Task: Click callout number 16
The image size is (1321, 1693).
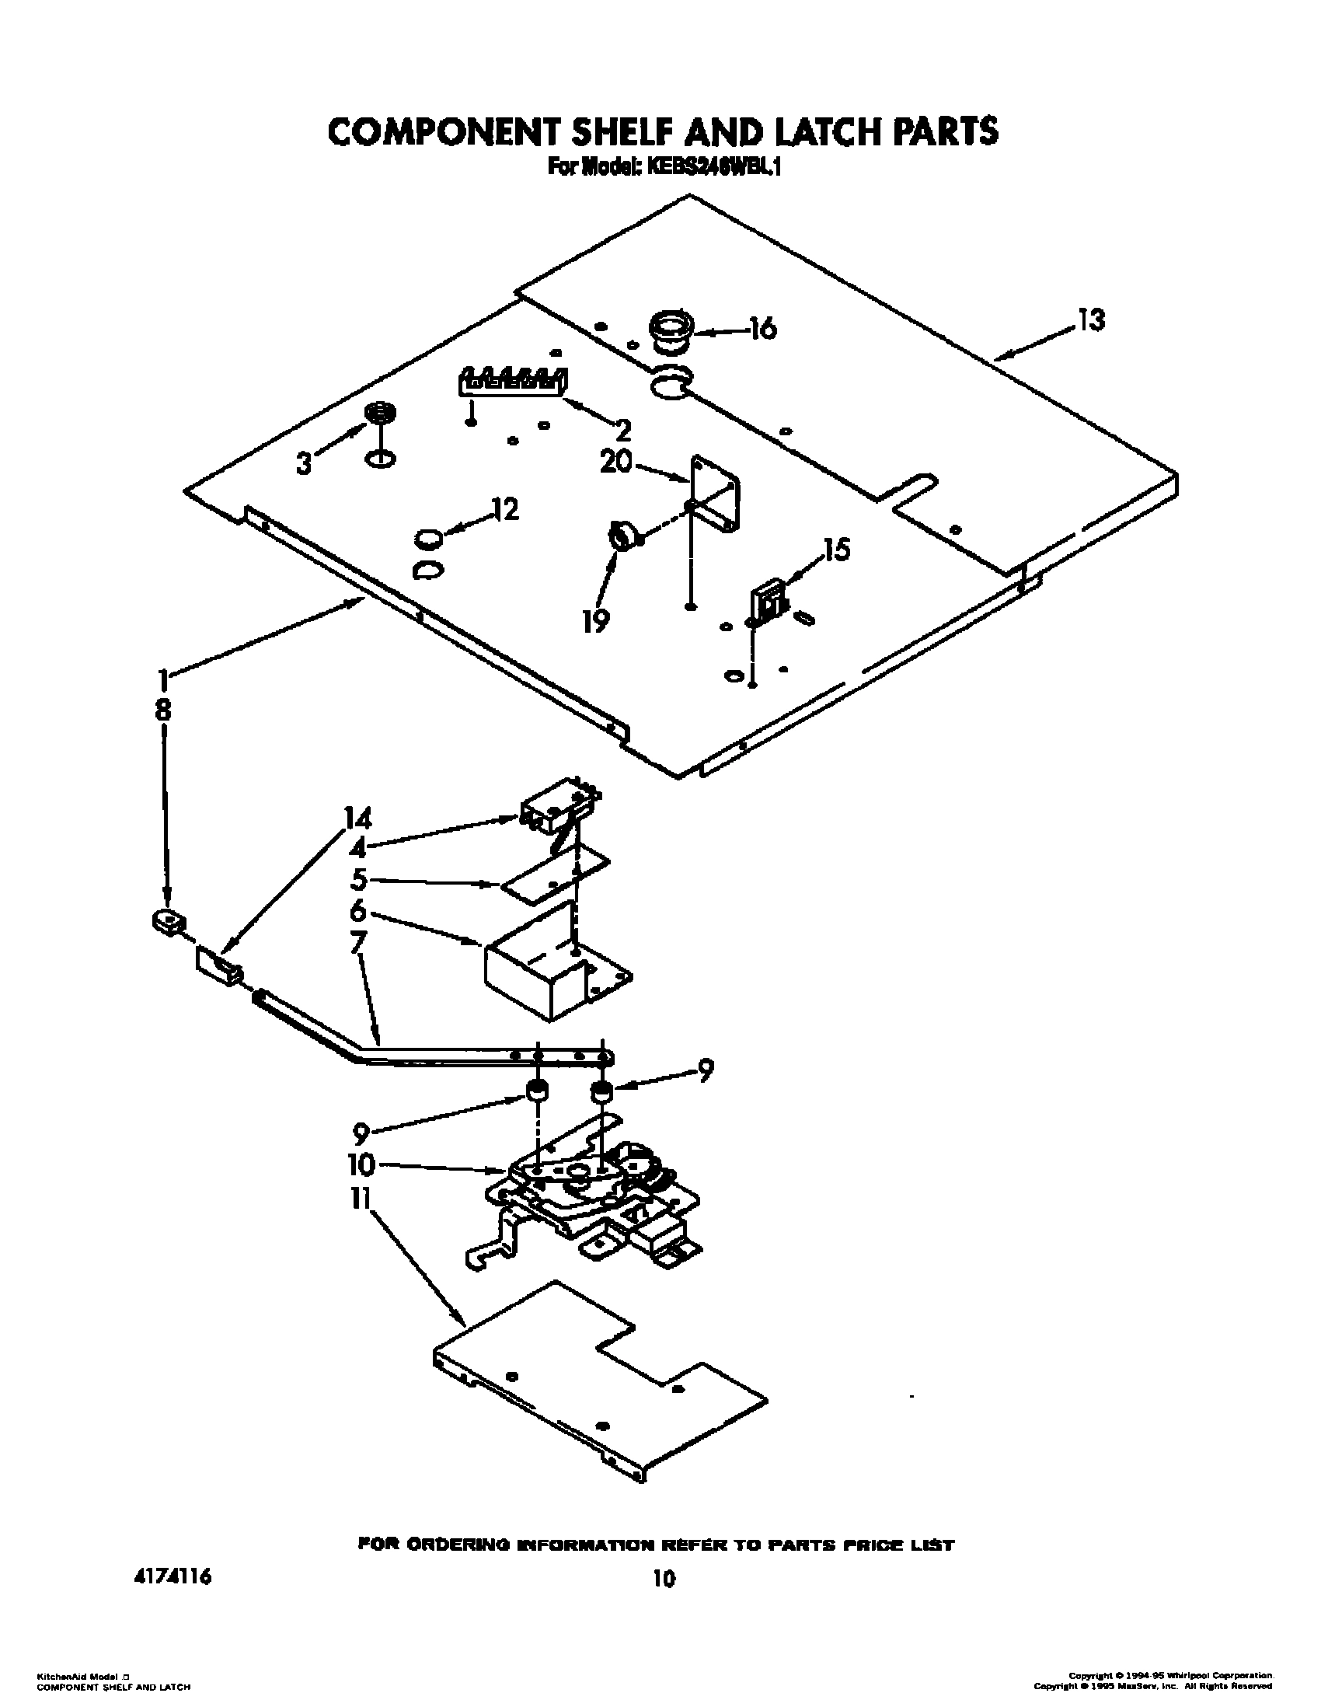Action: pyautogui.click(x=763, y=329)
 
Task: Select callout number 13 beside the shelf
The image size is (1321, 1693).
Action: pyautogui.click(x=1091, y=319)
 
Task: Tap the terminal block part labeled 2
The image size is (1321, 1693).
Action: pyautogui.click(x=513, y=381)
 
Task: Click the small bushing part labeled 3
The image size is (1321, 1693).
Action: pyautogui.click(x=379, y=413)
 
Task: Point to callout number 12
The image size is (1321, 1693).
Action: pyautogui.click(x=505, y=510)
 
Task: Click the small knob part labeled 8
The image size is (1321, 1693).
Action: pyautogui.click(x=169, y=922)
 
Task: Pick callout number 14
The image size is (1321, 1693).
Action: pyautogui.click(x=358, y=819)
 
